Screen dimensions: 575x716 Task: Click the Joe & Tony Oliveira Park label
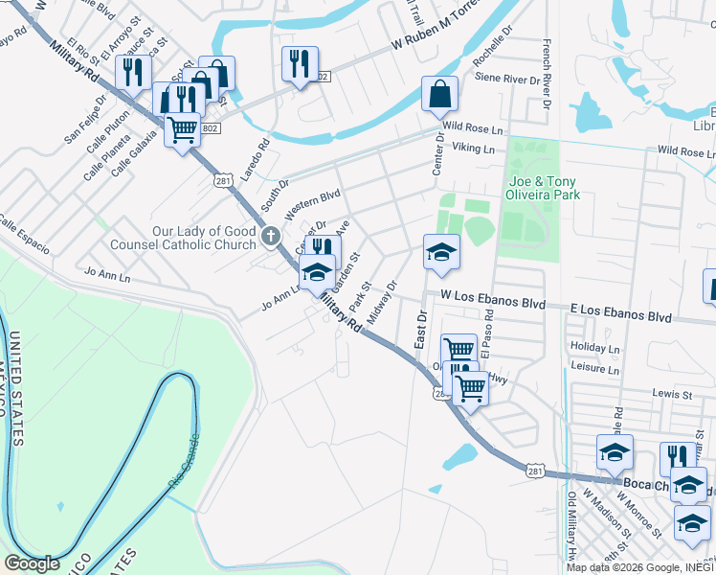545,188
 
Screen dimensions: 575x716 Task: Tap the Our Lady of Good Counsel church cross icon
271,235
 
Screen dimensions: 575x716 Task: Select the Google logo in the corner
32,563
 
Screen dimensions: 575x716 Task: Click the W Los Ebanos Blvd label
492,300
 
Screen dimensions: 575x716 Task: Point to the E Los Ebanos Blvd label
620,314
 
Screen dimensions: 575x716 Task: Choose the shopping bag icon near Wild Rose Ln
439,94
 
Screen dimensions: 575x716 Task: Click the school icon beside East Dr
442,251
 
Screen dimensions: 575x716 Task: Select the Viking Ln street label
474,149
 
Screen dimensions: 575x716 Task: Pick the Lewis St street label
672,393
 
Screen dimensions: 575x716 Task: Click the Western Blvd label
312,201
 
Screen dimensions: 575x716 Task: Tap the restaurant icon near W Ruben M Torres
301,64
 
